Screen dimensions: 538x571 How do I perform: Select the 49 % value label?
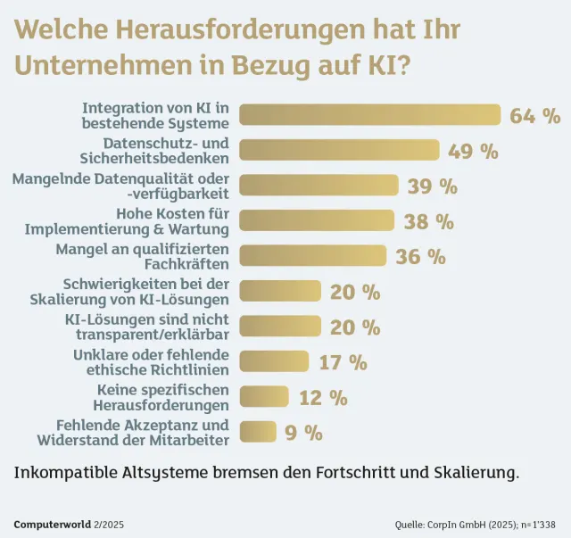tap(473, 151)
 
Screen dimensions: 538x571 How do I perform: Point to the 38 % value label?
tap(428, 221)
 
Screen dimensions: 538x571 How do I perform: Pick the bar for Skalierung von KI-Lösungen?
tap(281, 291)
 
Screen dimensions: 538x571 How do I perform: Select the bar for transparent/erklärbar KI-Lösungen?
tap(281, 327)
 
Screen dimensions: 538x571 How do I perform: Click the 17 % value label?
tap(343, 361)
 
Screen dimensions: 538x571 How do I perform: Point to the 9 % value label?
tap(303, 433)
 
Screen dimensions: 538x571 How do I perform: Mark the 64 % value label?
tap(534, 116)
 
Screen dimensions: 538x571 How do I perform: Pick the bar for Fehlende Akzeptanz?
tap(259, 433)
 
